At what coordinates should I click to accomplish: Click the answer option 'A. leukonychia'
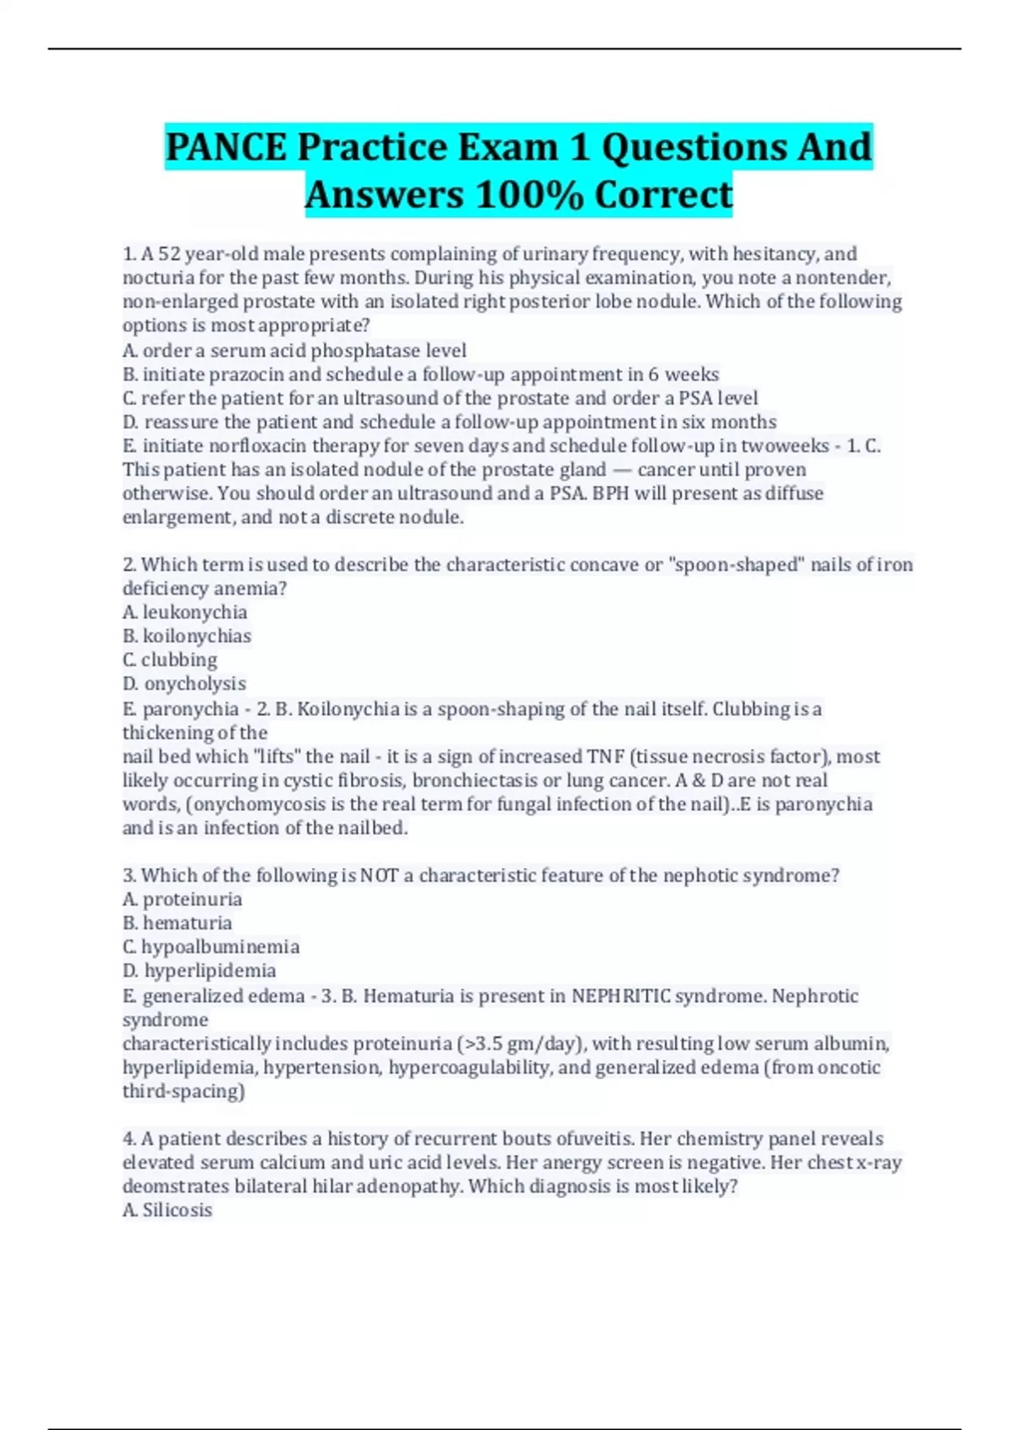pos(185,612)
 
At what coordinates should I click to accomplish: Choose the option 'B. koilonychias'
pos(187,636)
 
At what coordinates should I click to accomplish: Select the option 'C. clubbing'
pos(170,659)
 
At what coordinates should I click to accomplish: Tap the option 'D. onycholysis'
pos(184,684)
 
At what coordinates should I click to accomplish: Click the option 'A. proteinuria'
pos(183,899)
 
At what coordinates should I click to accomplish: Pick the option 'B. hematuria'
pos(178,923)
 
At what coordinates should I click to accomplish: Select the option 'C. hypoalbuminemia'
pos(211,947)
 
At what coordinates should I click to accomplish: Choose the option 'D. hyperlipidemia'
pos(199,971)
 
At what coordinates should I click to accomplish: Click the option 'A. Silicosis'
pos(167,1210)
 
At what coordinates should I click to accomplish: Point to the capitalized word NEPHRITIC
pos(621,996)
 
